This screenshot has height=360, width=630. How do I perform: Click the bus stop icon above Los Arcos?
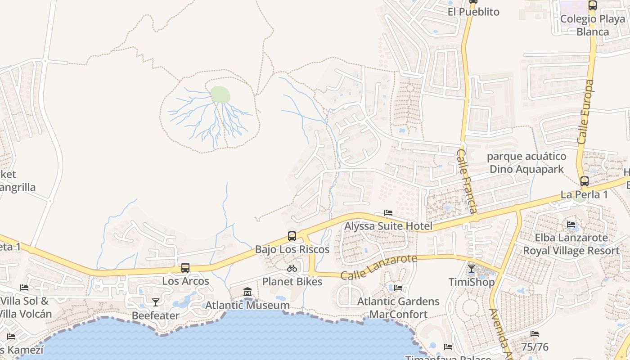click(185, 268)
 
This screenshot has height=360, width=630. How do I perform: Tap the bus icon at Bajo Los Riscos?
click(292, 236)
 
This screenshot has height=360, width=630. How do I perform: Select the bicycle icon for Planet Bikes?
click(292, 268)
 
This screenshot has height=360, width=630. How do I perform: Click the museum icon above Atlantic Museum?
click(247, 292)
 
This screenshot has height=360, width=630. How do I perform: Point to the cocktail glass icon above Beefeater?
click(156, 302)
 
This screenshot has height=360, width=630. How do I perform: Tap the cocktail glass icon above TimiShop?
click(471, 269)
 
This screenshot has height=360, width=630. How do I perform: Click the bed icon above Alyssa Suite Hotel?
click(388, 213)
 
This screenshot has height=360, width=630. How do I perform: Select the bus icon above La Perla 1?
click(584, 181)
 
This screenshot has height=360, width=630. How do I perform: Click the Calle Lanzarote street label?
click(379, 267)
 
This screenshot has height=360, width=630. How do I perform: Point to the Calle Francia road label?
click(467, 181)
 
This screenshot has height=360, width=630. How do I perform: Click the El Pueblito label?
click(473, 12)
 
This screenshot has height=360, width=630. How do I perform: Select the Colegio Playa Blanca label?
click(593, 25)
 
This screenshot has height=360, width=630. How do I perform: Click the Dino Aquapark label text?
click(526, 169)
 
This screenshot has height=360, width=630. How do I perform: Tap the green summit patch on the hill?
click(220, 94)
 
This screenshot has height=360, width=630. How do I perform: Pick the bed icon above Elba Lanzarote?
click(571, 224)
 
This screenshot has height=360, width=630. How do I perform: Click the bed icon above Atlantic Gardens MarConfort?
click(398, 288)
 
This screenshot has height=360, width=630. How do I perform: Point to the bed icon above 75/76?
click(535, 333)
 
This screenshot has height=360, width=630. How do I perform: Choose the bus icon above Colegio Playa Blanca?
click(593, 5)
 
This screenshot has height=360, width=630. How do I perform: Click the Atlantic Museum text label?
click(247, 305)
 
